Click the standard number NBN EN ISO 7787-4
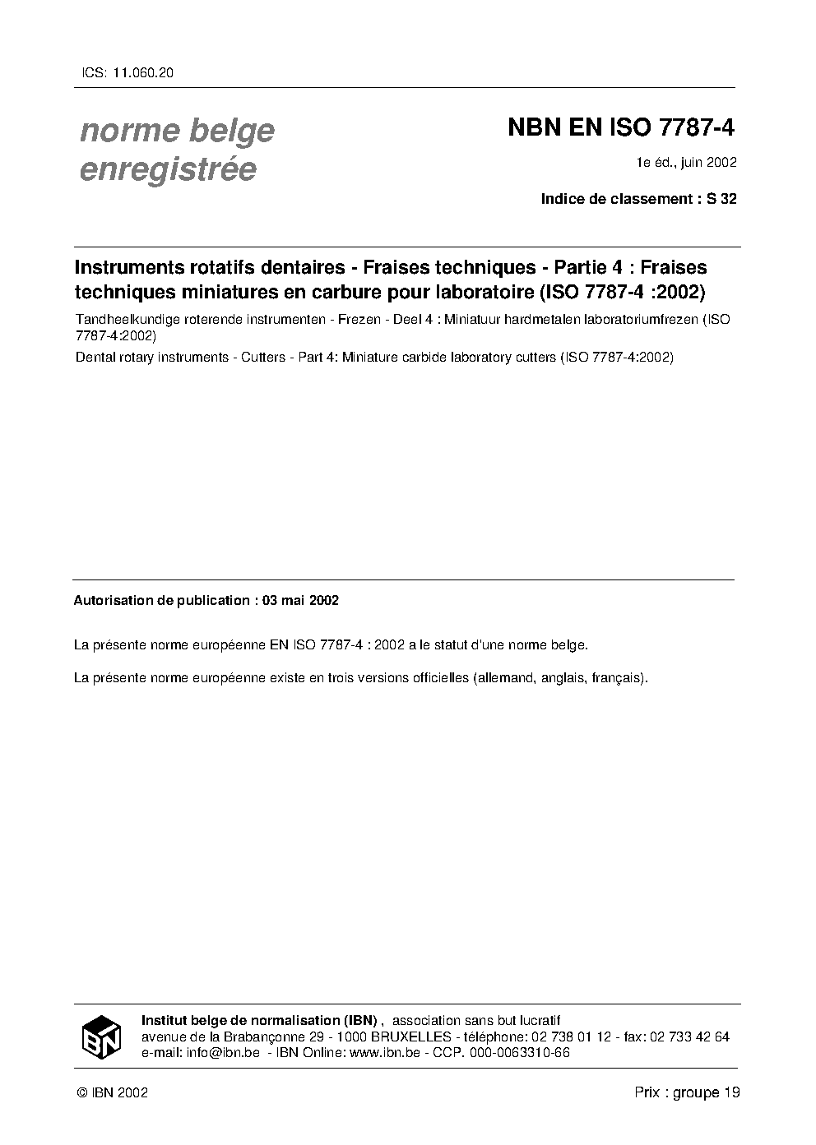click(620, 128)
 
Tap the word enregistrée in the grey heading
click(168, 169)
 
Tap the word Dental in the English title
click(94, 357)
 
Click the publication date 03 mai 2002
click(300, 601)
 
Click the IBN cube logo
click(101, 1037)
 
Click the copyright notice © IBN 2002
click(112, 1093)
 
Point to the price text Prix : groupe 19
click(687, 1092)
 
